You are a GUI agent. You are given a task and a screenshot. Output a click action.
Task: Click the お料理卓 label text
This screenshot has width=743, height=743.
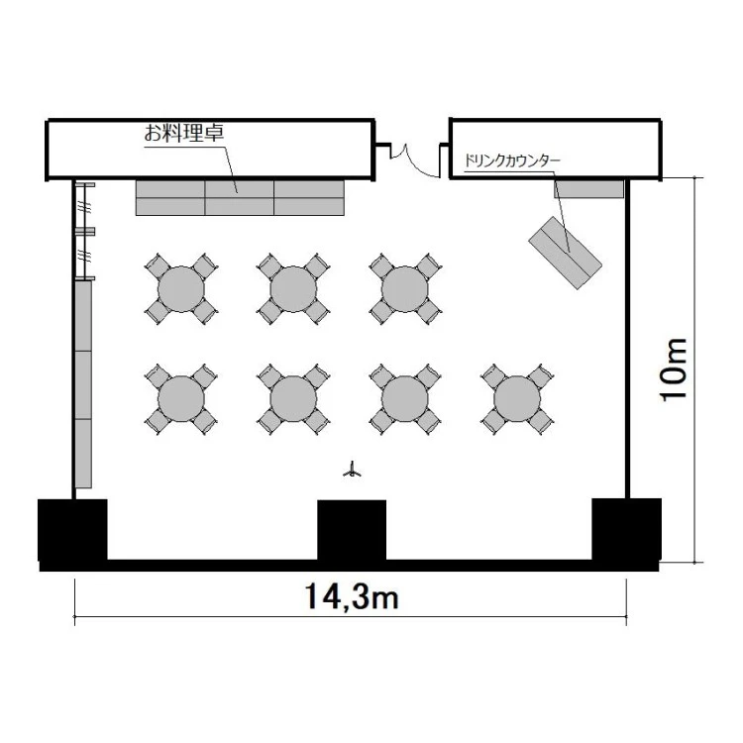pyautogui.click(x=184, y=132)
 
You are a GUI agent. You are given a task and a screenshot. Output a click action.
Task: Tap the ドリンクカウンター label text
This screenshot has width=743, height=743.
pyautogui.click(x=512, y=160)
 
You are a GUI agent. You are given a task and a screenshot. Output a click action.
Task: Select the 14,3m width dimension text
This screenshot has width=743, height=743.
pyautogui.click(x=351, y=596)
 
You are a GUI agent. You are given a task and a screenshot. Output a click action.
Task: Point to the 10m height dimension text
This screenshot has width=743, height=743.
pyautogui.click(x=674, y=370)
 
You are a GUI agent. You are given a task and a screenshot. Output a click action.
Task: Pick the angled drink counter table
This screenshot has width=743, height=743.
pyautogui.click(x=566, y=253)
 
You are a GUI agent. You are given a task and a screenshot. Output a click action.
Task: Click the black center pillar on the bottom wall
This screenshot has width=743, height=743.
pyautogui.click(x=352, y=530)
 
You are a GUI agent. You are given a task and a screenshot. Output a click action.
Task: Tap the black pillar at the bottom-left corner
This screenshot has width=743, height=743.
pyautogui.click(x=72, y=530)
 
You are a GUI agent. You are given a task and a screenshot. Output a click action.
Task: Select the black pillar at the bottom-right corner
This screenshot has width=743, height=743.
pyautogui.click(x=626, y=529)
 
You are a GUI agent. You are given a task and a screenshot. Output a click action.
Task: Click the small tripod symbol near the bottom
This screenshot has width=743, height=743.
pyautogui.click(x=352, y=470)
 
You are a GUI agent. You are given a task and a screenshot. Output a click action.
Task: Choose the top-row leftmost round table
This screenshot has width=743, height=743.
pyautogui.click(x=181, y=289)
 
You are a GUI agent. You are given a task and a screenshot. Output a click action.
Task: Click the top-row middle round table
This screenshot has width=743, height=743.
pyautogui.click(x=293, y=289)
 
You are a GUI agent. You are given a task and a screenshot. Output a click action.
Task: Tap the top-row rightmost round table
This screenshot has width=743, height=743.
pyautogui.click(x=404, y=289)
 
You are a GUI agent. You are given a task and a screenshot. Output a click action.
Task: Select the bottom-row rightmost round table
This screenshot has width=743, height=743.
pyautogui.click(x=517, y=399)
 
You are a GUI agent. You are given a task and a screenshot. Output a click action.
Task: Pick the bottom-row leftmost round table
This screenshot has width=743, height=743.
pyautogui.click(x=181, y=399)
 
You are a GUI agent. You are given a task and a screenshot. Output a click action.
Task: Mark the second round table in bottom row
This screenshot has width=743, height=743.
pyautogui.click(x=293, y=399)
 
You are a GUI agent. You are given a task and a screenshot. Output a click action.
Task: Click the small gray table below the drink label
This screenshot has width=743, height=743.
pyautogui.click(x=589, y=189)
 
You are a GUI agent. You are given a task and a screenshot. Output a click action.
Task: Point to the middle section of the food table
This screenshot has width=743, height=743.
pyautogui.click(x=240, y=198)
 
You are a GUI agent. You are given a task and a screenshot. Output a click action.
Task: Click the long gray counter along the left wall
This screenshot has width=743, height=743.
pyautogui.click(x=83, y=384)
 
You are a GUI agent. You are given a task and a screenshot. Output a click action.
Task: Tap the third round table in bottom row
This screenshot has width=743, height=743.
pyautogui.click(x=404, y=399)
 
